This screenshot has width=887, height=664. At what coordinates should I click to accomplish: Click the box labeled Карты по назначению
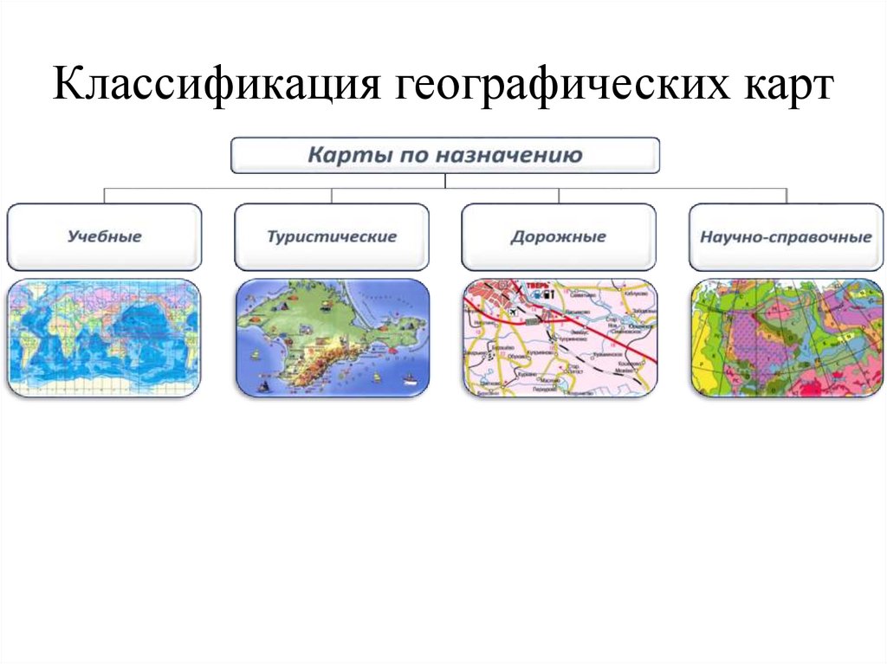[x=445, y=156]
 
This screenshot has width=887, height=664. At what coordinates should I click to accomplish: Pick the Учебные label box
[x=104, y=236]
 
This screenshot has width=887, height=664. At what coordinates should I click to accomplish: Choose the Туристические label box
[x=332, y=236]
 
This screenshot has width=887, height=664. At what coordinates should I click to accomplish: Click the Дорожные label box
[x=559, y=236]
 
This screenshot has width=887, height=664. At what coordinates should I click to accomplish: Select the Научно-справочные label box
[x=786, y=236]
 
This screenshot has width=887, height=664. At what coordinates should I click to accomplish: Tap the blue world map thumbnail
[x=104, y=338]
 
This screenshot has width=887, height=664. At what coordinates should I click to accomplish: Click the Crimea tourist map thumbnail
[x=332, y=338]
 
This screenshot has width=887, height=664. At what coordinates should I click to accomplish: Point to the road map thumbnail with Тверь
[x=559, y=338]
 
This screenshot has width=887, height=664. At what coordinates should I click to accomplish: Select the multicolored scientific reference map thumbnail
[x=786, y=338]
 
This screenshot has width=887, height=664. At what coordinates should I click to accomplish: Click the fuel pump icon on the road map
[x=549, y=293]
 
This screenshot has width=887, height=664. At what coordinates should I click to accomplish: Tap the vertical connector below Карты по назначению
[x=445, y=181]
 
